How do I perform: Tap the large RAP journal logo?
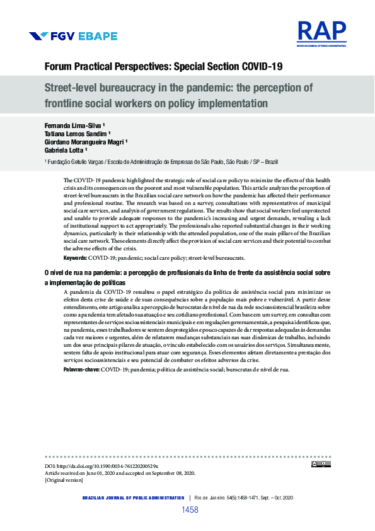click(x=321, y=32)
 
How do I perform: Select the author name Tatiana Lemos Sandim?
click(x=76, y=134)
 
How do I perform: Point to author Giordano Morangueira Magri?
click(x=85, y=142)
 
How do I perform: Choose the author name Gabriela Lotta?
click(x=65, y=151)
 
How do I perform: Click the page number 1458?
click(x=190, y=510)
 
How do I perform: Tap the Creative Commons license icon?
click(x=321, y=465)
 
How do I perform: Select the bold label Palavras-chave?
click(x=81, y=369)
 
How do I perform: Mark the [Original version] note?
click(x=63, y=480)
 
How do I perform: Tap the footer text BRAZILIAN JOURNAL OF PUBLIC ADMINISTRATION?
click(x=133, y=498)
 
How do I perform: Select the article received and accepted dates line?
click(x=120, y=472)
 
